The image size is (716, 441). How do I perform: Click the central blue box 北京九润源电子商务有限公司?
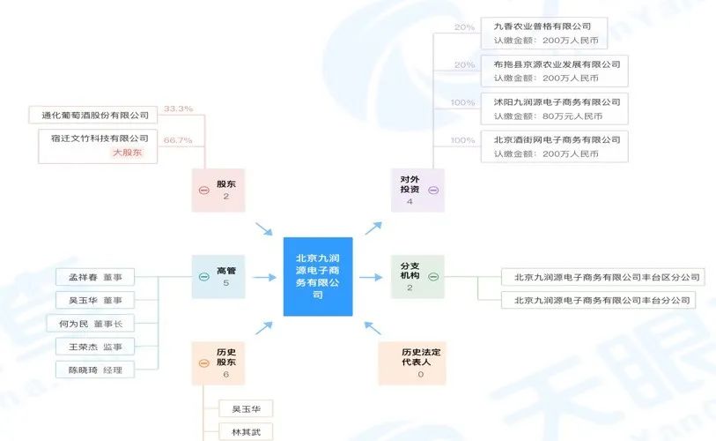317,276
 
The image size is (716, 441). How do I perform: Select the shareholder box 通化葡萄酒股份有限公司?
94,115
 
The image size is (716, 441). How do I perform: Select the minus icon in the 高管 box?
203,276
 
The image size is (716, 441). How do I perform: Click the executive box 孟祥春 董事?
94,277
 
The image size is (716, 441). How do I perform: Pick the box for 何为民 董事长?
90,323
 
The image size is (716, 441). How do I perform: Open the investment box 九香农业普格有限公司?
554,33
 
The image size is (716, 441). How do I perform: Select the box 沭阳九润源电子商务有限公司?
554,108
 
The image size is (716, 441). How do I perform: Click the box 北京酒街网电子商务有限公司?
554,146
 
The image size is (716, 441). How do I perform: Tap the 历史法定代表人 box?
420,363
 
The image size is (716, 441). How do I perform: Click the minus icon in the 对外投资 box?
433,191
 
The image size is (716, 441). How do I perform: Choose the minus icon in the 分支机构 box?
433,276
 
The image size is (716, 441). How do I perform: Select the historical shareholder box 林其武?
246,432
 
